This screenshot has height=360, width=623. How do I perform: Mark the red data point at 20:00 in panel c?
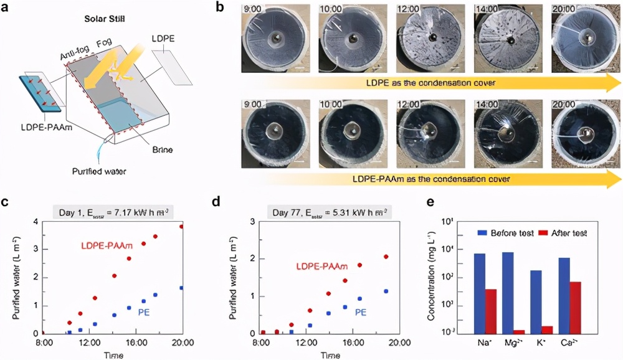click(x=182, y=226)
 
